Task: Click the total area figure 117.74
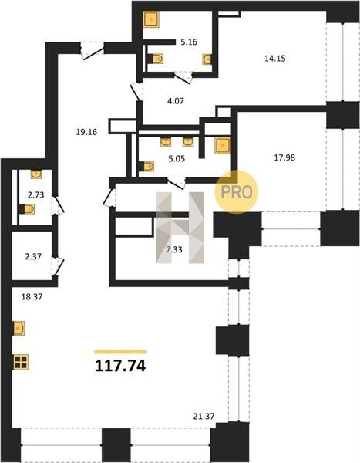[x=120, y=366]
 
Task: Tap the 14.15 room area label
[x=275, y=59]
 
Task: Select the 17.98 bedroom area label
[x=284, y=157]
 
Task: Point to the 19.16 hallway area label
[x=86, y=132]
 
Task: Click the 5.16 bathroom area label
[x=189, y=42]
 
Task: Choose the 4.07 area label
[x=176, y=101]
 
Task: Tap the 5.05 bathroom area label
[x=177, y=159]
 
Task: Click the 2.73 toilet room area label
[x=35, y=195]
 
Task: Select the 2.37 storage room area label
[x=33, y=257]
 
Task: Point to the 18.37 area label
[x=32, y=297]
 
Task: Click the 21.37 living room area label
[x=204, y=417]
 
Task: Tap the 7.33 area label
[x=174, y=250]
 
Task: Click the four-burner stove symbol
[x=21, y=363]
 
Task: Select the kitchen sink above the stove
[x=19, y=329]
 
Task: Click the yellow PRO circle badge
[x=237, y=192]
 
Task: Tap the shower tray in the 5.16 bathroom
[x=151, y=19]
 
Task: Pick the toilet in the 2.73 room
[x=26, y=209]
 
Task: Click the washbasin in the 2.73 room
[x=36, y=174]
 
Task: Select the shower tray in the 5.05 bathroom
[x=223, y=146]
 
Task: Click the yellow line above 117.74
[x=121, y=352]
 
